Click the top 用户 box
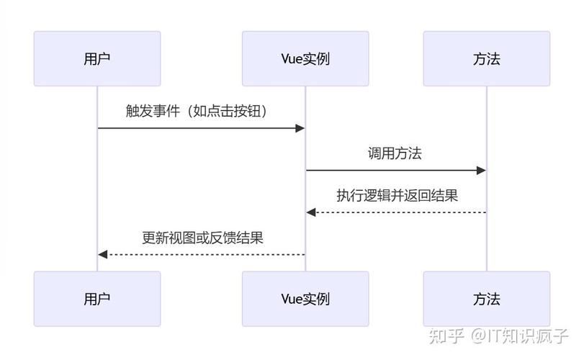(97, 59)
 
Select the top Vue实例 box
(305, 59)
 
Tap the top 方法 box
(487, 59)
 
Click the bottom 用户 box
(97, 299)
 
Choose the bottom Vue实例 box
(305, 299)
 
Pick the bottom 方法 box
(487, 299)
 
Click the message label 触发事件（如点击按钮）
(201, 112)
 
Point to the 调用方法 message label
(395, 153)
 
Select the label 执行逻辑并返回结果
(397, 195)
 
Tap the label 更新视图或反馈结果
(202, 238)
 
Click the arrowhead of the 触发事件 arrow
(300, 128)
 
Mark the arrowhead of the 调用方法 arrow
(482, 170)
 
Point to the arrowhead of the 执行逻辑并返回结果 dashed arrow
(311, 212)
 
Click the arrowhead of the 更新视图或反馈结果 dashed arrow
(103, 254)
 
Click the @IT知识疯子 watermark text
(520, 336)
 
